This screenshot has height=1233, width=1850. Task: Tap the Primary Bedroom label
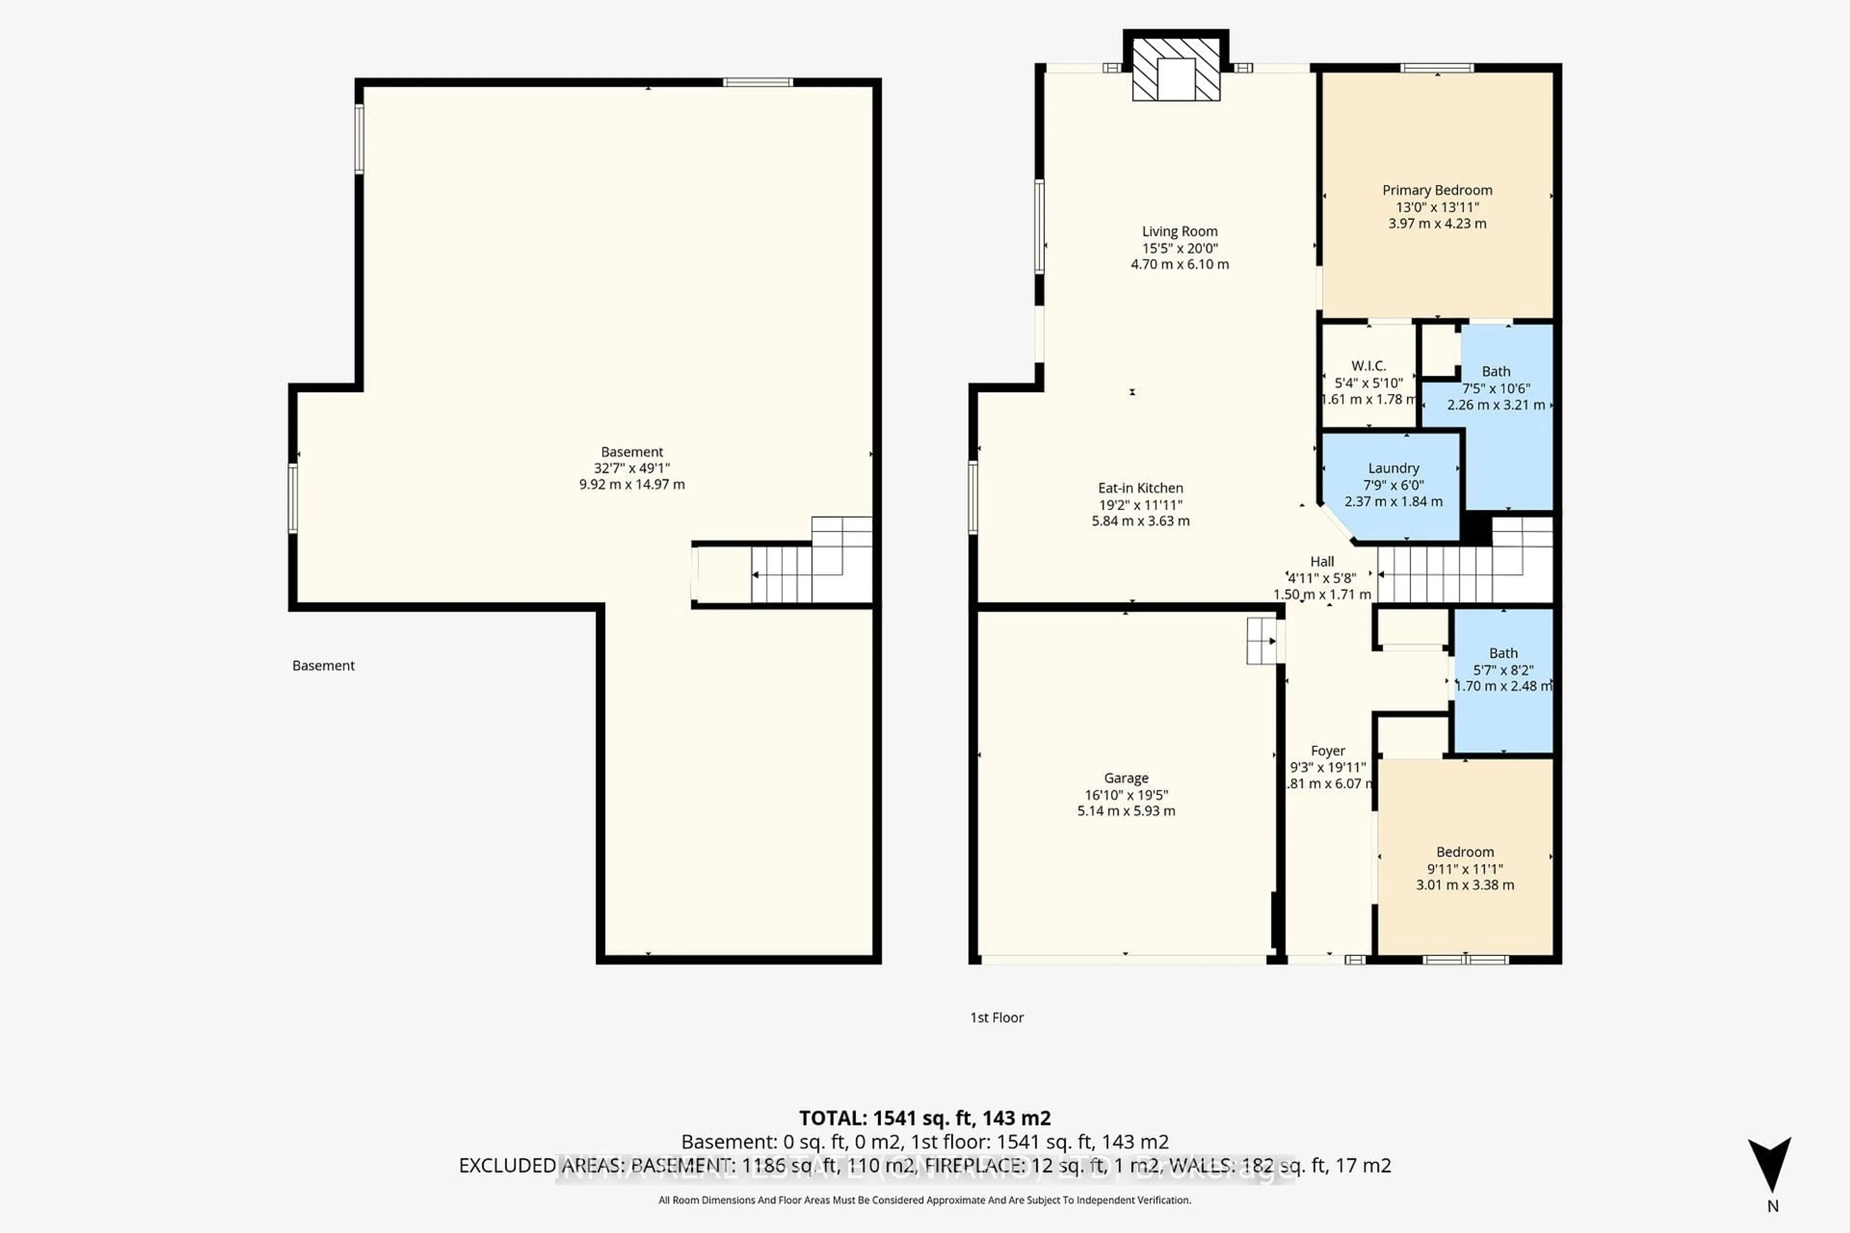click(x=1437, y=190)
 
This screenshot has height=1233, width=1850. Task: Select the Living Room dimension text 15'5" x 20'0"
click(x=1180, y=248)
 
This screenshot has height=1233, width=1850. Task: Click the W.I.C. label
click(x=1369, y=366)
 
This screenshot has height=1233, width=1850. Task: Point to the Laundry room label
click(x=1393, y=468)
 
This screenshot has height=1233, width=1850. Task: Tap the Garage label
click(x=1125, y=778)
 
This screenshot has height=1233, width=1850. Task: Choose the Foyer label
click(x=1328, y=751)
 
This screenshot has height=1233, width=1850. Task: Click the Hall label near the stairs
click(x=1322, y=562)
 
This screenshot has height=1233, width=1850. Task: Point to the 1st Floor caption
click(x=997, y=1018)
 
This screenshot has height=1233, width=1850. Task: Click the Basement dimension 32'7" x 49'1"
click(x=632, y=468)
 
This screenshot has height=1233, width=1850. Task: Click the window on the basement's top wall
click(x=757, y=82)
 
